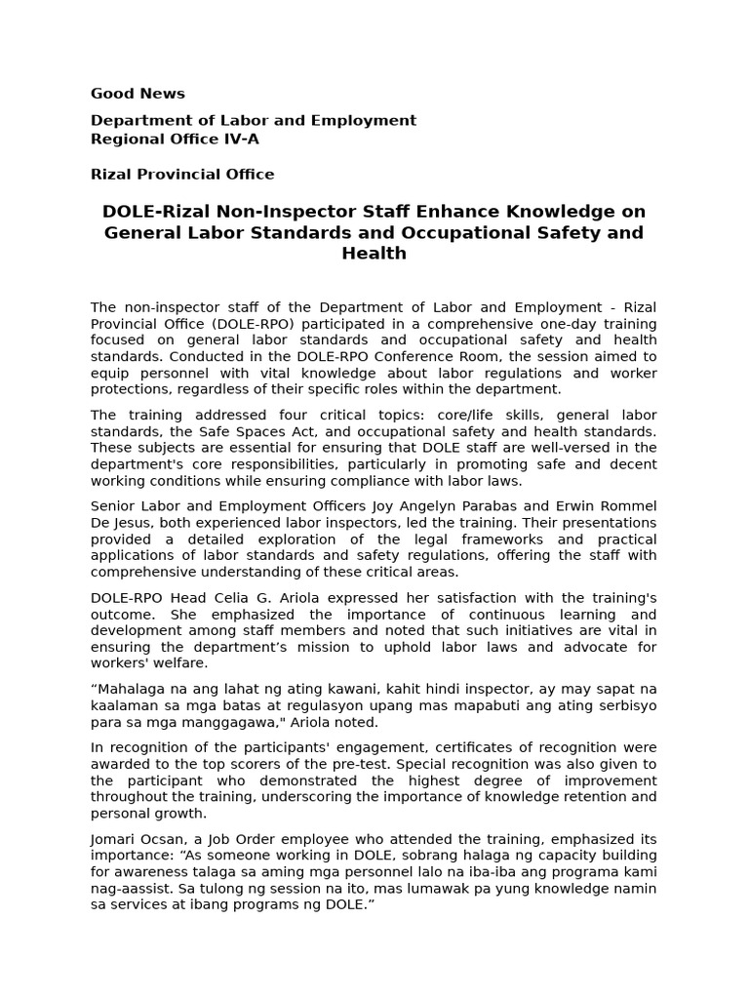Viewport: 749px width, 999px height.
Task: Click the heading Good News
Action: point(138,94)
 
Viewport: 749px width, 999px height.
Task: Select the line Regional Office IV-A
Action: point(175,139)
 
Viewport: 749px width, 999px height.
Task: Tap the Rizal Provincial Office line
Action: point(182,175)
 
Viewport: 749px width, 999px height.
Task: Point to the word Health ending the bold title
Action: point(374,254)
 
